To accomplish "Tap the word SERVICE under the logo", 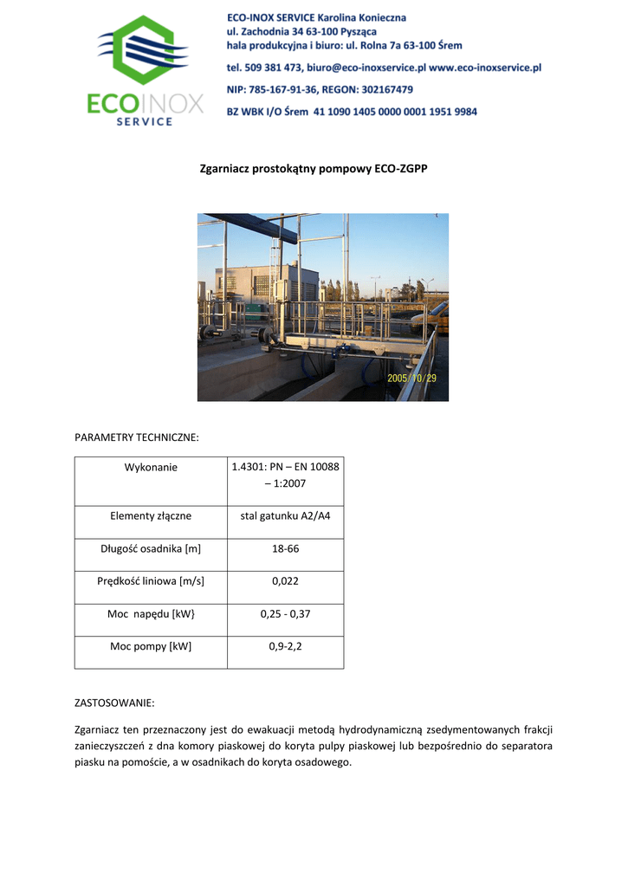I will point(144,122).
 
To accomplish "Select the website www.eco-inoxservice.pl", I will point(485,67).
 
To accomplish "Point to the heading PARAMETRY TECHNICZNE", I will point(137,438).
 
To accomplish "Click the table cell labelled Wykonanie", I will point(151,468).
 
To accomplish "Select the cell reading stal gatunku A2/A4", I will point(285,516).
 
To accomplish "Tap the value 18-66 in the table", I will point(285,549).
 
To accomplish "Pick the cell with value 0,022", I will point(285,581).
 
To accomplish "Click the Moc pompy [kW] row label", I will point(151,646).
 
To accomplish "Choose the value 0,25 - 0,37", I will point(285,614).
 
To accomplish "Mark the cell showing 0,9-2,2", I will point(285,646).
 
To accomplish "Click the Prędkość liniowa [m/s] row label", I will point(151,581).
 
